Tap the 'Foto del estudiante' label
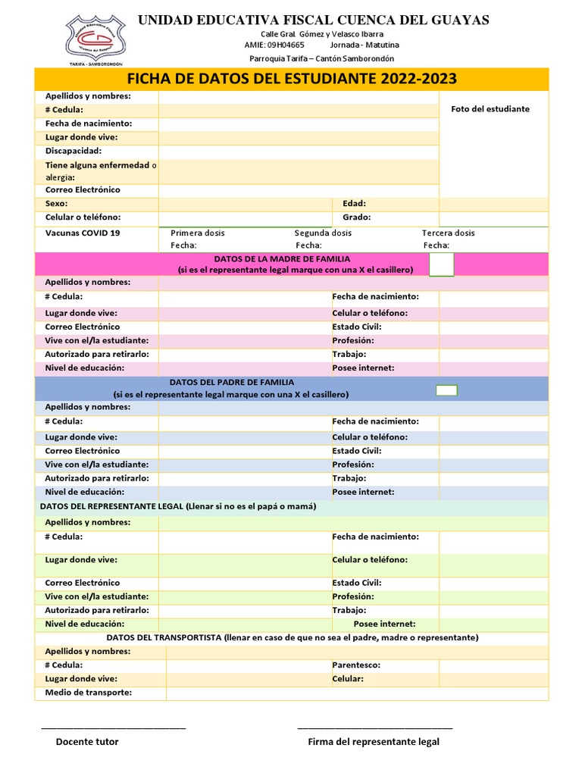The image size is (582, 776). tap(490, 109)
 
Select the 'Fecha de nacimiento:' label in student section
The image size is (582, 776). tap(88, 124)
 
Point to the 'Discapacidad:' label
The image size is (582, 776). tap(73, 151)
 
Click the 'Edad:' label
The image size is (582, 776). tap(354, 204)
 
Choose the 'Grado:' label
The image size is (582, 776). tap(356, 217)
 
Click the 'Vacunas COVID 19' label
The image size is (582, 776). tap(83, 233)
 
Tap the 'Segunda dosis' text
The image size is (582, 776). tap(323, 233)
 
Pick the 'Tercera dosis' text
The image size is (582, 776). tap(448, 233)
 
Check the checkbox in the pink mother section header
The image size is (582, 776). tap(441, 264)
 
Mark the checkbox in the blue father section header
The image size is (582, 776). tap(446, 390)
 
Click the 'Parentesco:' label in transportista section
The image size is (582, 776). tap(356, 665)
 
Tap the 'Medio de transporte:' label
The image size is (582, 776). tap(88, 693)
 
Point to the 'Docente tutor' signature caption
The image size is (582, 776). tap(87, 742)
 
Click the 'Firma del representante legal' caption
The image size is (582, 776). tap(373, 742)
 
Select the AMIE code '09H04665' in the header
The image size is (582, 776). tap(285, 45)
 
